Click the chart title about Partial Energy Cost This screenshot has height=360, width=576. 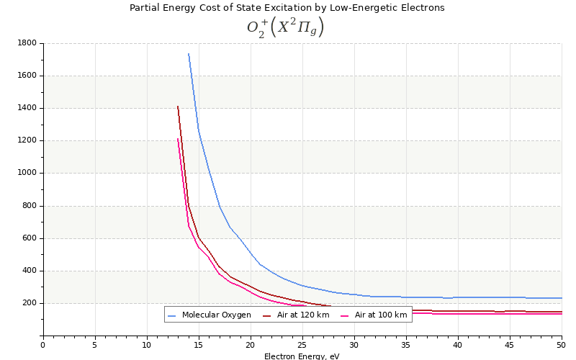click(x=287, y=8)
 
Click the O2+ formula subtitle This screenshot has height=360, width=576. click(x=286, y=27)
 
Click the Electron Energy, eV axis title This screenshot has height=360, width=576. click(x=302, y=356)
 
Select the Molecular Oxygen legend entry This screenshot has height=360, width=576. click(x=216, y=315)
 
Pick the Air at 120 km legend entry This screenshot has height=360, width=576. click(x=303, y=315)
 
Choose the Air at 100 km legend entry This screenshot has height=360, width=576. click(x=380, y=315)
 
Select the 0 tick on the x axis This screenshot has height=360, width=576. click(x=43, y=345)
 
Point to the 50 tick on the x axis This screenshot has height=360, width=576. click(x=562, y=345)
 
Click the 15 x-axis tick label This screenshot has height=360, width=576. click(x=199, y=345)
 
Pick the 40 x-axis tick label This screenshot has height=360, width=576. click(x=458, y=345)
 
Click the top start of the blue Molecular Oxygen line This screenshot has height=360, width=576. click(x=189, y=54)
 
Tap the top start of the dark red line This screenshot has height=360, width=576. click(x=178, y=107)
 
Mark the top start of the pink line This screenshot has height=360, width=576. click(x=178, y=139)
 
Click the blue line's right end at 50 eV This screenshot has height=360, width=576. click(x=561, y=298)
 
